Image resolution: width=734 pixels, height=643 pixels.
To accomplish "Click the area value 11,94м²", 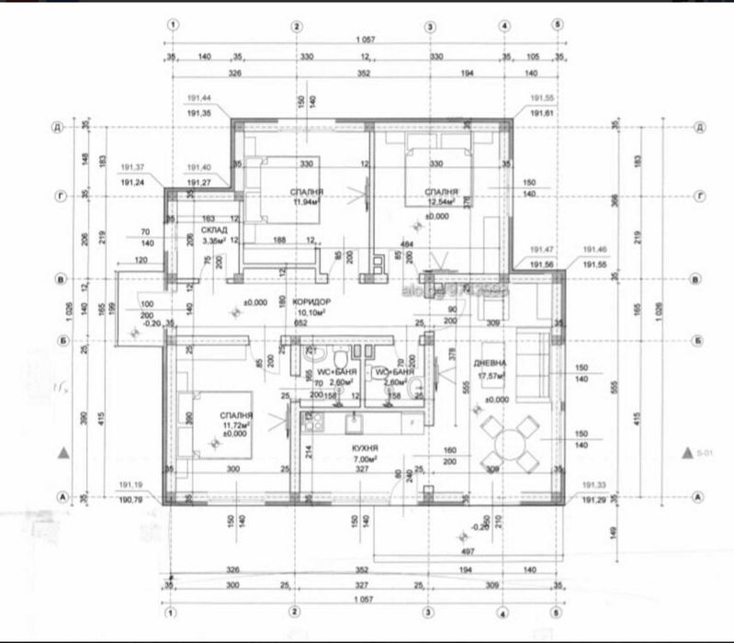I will pos(305,201).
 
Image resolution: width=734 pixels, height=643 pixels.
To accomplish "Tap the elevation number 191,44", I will pos(199,98).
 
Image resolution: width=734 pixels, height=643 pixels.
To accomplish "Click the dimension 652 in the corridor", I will pos(299,322).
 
